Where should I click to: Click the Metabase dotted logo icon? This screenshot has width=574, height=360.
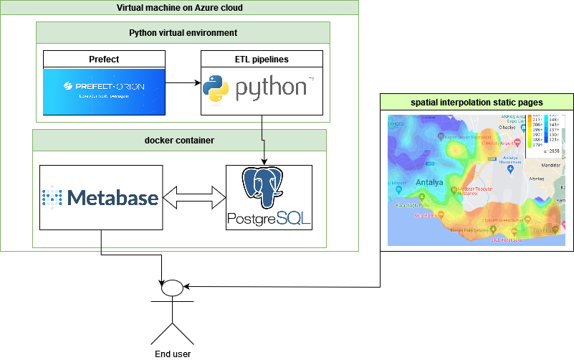tap(54, 196)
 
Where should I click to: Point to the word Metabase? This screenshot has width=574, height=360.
tap(112, 196)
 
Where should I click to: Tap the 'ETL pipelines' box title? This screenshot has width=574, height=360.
tap(262, 59)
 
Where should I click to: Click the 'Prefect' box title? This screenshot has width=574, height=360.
tap(105, 59)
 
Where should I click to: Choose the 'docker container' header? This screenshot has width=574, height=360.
tap(179, 140)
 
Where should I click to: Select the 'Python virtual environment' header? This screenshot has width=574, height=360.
tap(183, 32)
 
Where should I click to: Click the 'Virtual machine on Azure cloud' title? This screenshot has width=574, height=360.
tap(179, 8)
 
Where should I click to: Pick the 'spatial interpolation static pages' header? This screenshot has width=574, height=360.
tap(477, 103)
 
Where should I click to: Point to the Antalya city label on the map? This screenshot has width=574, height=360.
tap(430, 183)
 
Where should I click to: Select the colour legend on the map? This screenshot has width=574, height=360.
tap(544, 133)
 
